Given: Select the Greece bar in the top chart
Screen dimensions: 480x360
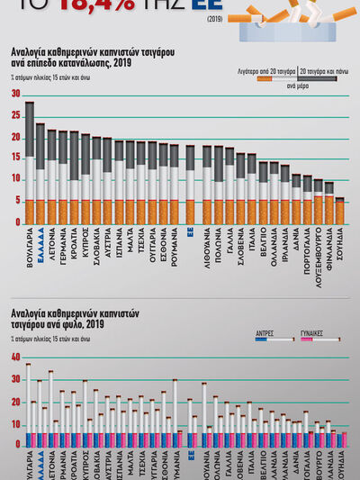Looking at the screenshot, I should (x=40, y=173).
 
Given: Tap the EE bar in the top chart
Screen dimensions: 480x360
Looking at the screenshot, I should (x=190, y=184).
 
